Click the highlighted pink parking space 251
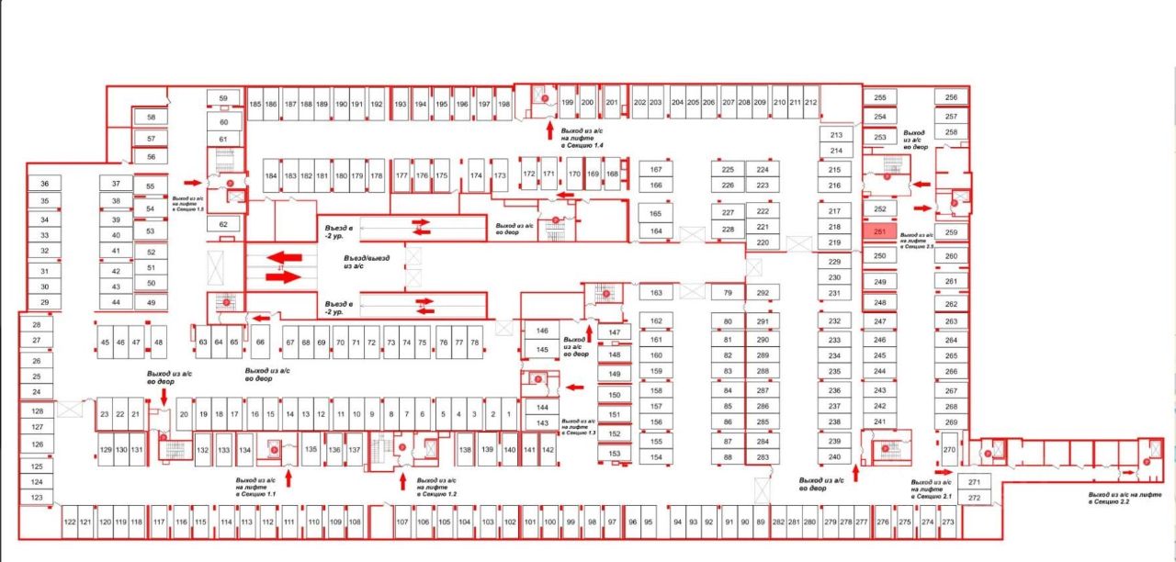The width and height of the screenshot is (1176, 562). pos(878,232)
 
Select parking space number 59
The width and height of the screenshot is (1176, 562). pos(222,97)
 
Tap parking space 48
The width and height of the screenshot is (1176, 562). pos(159,343)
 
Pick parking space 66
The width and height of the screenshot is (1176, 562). pos(261,343)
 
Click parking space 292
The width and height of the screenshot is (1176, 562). pos(762,293)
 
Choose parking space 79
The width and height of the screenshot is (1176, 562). pos(728,293)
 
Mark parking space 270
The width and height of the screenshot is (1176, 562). pos(949,451)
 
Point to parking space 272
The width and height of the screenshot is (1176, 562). pos(974,498)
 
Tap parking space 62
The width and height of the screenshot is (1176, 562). pos(222,224)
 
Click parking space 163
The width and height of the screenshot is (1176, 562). pos(656,293)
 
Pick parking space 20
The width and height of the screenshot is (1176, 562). pos(184,415)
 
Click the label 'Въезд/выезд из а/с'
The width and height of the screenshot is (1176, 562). pos(366,264)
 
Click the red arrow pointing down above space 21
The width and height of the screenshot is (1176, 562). pos(164,395)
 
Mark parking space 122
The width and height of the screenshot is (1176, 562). pos(70,523)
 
